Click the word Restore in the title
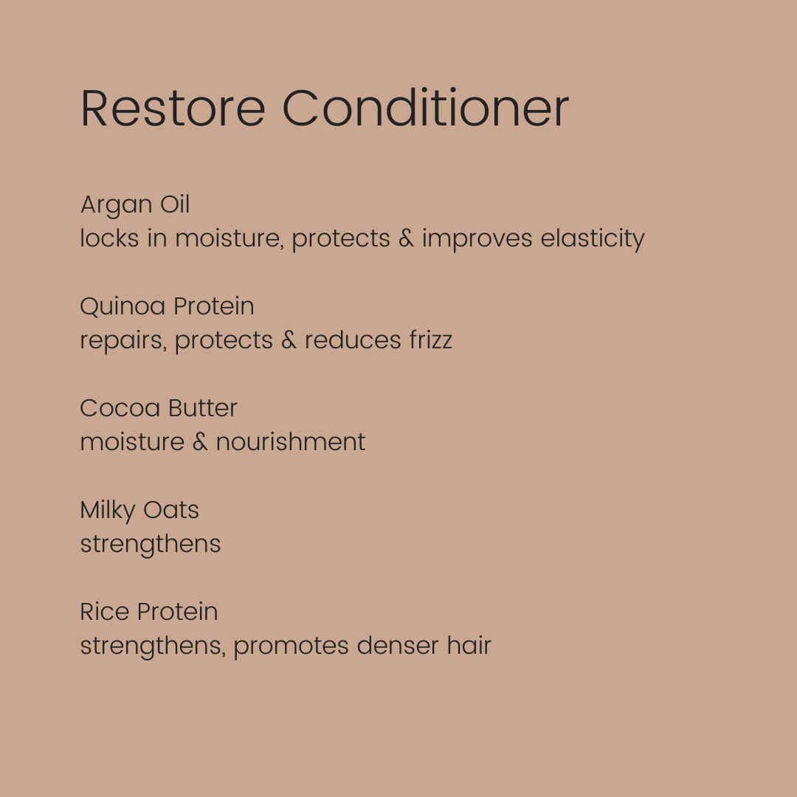pos(173,108)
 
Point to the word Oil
pos(175,204)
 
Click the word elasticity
pos(592,239)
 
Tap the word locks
pos(110,238)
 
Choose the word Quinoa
pos(123,306)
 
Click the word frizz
pos(431,339)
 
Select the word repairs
pos(123,341)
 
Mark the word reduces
pos(353,339)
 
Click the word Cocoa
pos(120,408)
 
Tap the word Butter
pos(203,407)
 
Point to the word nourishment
pos(291,441)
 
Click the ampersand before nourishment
pos(200,441)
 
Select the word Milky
pos(108,511)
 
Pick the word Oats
pos(170,510)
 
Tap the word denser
pos(398,645)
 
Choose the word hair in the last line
pos(469,645)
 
